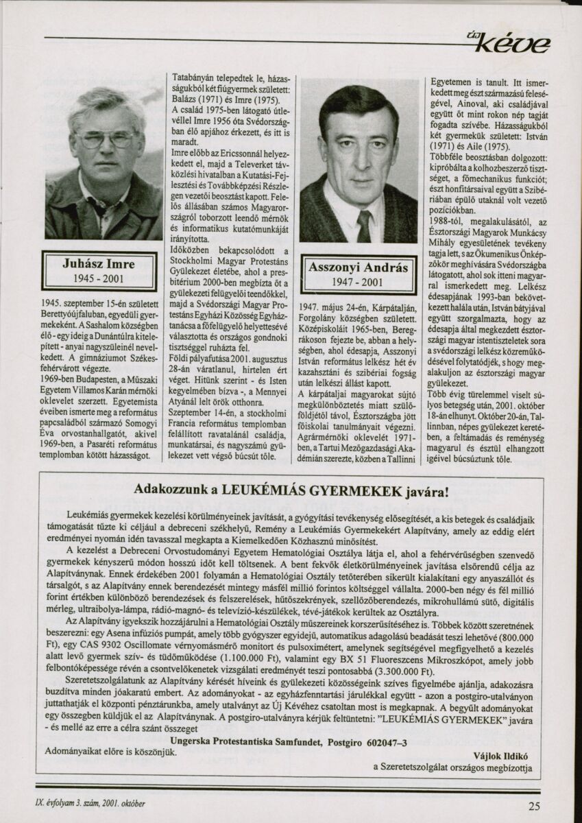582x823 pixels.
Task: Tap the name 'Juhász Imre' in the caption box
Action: (99, 263)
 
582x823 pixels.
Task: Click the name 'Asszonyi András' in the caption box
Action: (358, 267)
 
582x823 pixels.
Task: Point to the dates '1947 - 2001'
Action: (358, 282)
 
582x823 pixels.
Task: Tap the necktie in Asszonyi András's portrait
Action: (363, 226)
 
